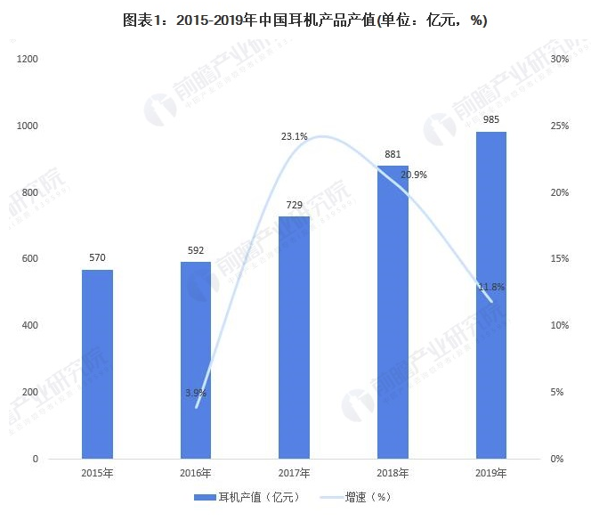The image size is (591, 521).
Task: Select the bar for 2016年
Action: pos(196,360)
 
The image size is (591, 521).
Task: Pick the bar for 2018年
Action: pos(393,312)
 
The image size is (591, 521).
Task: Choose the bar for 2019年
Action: pos(490,295)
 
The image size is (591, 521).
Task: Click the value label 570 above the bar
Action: pos(97,258)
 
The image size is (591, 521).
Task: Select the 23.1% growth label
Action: pos(295,136)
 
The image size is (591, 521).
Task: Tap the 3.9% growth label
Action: pos(196,393)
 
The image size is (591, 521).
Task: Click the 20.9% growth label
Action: pos(413,175)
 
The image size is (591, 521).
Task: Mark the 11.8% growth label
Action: pos(491,287)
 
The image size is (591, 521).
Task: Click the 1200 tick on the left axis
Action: pos(28,59)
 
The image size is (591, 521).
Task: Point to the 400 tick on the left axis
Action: pos(30,326)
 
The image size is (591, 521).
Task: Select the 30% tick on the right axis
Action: pos(560,59)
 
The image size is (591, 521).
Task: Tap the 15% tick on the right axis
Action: pos(560,259)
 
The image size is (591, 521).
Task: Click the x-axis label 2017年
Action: pos(294,473)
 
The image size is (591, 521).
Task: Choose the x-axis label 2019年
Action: pos(490,473)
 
